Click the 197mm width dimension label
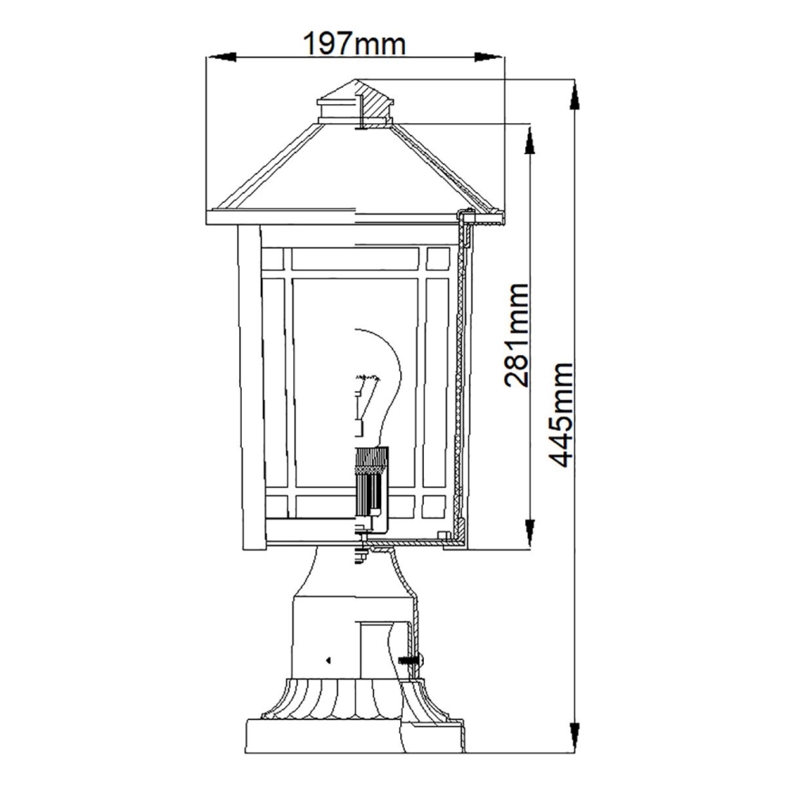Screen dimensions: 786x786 [354, 43]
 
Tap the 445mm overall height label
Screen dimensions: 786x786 [562, 415]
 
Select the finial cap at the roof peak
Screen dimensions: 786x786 [357, 101]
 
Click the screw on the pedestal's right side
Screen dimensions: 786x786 [412, 659]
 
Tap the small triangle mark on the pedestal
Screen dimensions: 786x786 [329, 659]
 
